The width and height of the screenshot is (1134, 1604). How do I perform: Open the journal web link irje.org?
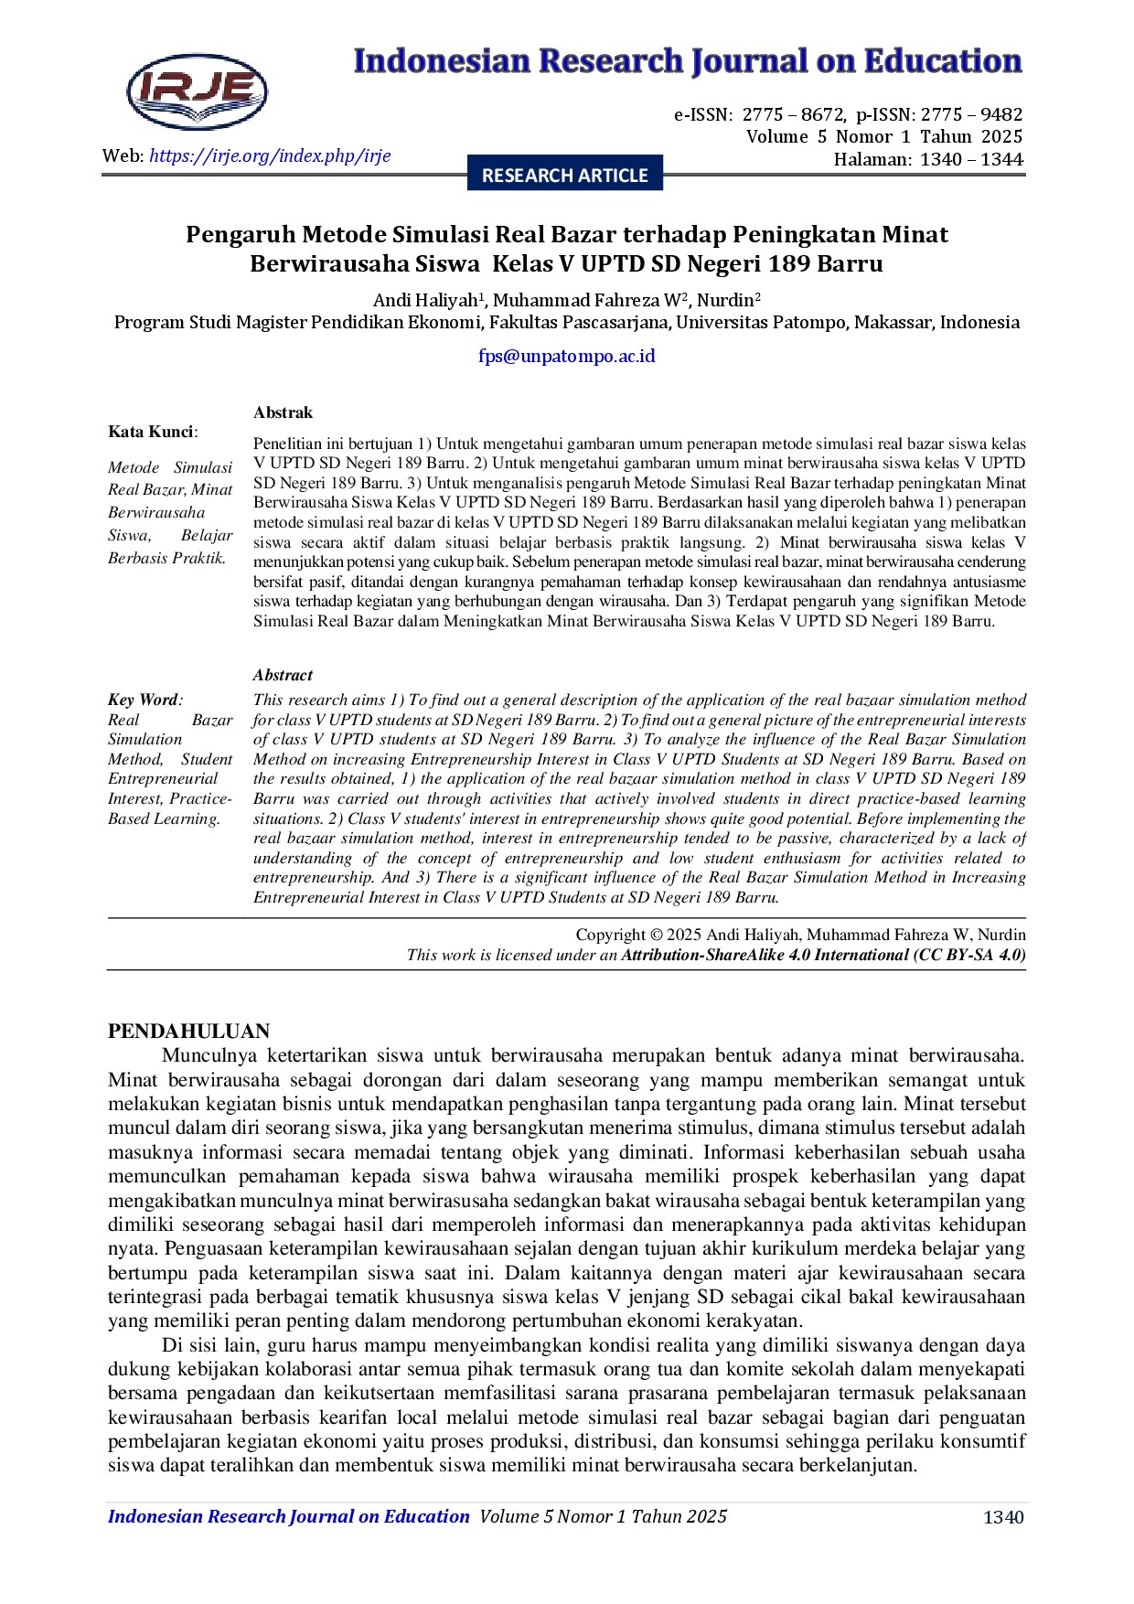coord(270,155)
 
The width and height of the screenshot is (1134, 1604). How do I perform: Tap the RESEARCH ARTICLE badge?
coord(564,175)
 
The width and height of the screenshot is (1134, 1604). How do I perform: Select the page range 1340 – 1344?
coord(970,159)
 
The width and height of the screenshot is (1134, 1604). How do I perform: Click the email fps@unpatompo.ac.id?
coord(566,356)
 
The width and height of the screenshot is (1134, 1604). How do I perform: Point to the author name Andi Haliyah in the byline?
coord(425,300)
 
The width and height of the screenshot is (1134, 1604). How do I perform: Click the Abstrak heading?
coord(283,412)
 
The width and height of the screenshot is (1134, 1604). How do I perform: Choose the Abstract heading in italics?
coord(283,675)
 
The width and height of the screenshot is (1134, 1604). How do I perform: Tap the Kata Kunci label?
coord(152,432)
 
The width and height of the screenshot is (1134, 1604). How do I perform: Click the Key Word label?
coord(144,700)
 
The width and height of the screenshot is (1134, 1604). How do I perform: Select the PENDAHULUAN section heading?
coord(188,1032)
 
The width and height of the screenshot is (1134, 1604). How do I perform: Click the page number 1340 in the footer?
coord(1003,1517)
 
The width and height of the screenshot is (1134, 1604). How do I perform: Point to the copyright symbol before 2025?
coord(655,935)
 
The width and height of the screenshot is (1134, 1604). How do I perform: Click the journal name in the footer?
coord(288,1516)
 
